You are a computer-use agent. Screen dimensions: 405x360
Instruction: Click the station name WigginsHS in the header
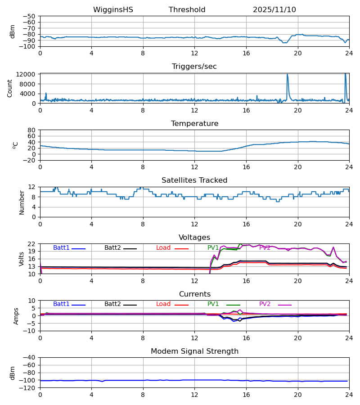[x=113, y=10]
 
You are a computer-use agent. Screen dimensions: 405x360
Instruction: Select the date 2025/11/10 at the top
[x=274, y=10]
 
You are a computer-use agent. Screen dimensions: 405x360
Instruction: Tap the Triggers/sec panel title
[x=194, y=67]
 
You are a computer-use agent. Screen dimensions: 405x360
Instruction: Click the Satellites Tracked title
[x=194, y=180]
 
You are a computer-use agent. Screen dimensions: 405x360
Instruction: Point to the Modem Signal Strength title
[x=194, y=351]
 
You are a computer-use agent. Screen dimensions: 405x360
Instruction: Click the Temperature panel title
[x=194, y=124]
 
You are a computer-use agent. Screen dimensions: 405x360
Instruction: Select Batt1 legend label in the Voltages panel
[x=61, y=248]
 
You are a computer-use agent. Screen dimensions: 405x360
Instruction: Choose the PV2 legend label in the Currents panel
[x=265, y=304]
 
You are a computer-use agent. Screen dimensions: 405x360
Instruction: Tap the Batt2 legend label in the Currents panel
[x=112, y=304]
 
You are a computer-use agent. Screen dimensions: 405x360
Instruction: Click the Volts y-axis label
[x=22, y=259]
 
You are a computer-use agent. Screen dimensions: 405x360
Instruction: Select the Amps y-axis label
[x=17, y=316]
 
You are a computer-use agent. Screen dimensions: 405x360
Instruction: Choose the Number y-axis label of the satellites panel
[x=22, y=202]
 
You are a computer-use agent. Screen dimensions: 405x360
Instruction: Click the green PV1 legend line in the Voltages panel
[x=233, y=249]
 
